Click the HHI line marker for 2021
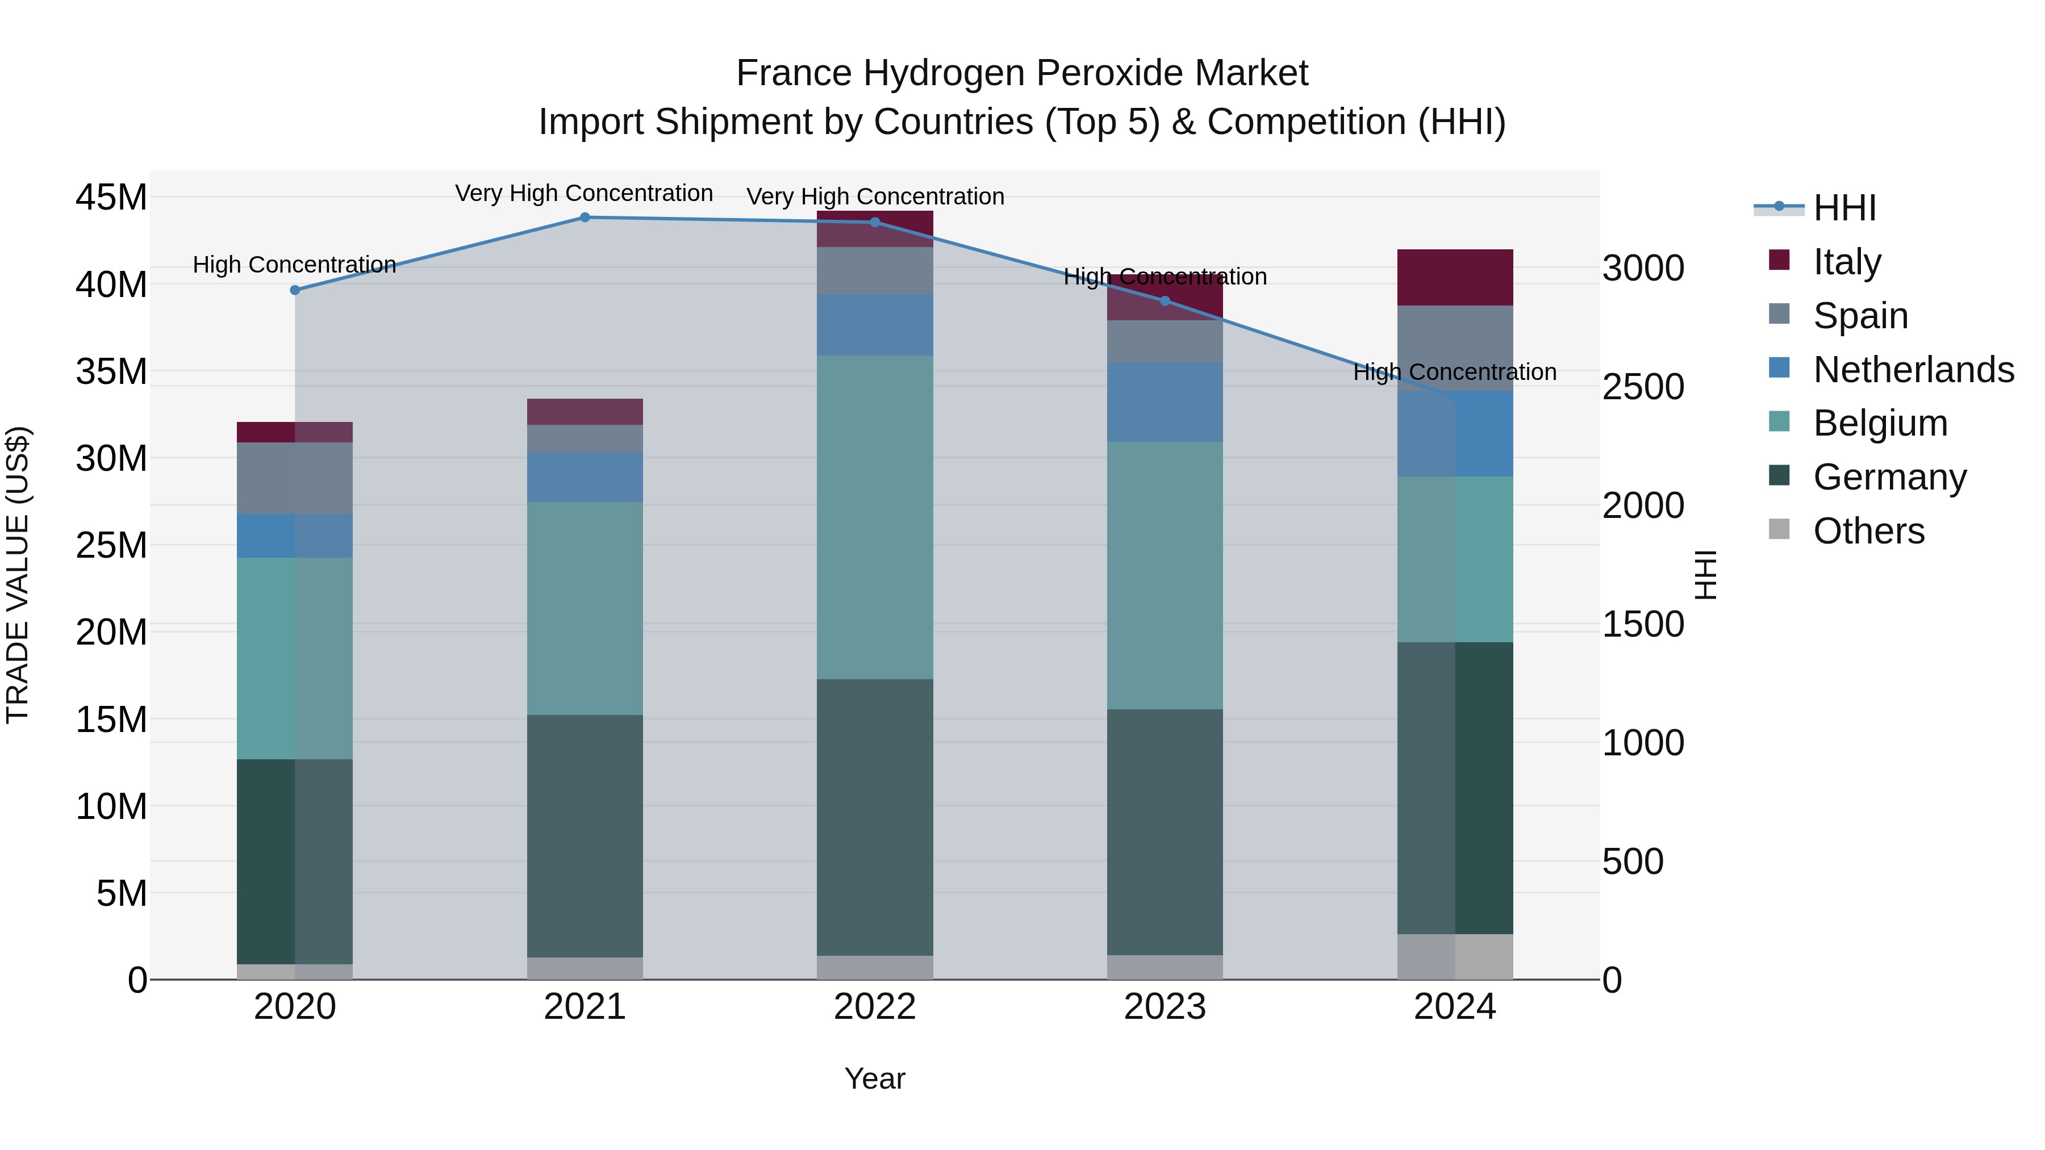[x=585, y=218]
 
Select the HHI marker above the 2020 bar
[x=295, y=290]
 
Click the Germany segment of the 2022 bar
[x=875, y=817]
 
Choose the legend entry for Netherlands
[x=1913, y=370]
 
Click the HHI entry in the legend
[x=1844, y=208]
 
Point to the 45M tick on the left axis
[x=111, y=197]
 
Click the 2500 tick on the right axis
[x=1642, y=387]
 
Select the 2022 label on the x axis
[x=875, y=1007]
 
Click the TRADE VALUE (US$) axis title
[x=18, y=575]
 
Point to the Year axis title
[x=875, y=1078]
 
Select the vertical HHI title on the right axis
[x=1704, y=575]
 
